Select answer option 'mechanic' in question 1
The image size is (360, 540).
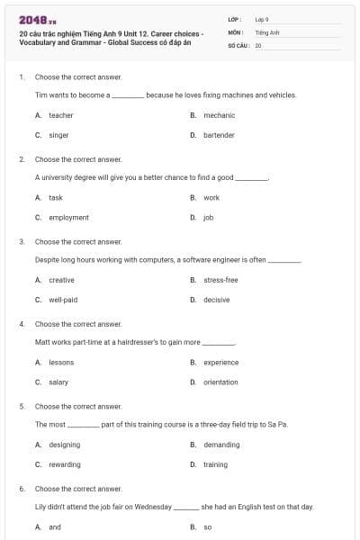219,115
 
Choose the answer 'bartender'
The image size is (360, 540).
219,135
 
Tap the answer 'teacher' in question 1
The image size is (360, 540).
61,115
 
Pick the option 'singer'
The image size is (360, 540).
58,135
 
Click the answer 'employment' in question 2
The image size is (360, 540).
68,217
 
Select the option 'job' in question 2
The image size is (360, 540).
208,217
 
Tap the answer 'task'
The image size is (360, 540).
56,197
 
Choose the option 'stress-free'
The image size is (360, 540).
220,280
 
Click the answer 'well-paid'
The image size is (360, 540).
63,300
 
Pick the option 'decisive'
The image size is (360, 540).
216,300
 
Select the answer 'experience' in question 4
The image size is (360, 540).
220,362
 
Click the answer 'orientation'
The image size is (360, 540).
220,382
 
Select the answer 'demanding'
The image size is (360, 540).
221,445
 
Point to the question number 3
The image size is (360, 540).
22,241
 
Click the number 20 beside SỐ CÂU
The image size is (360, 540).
258,44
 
